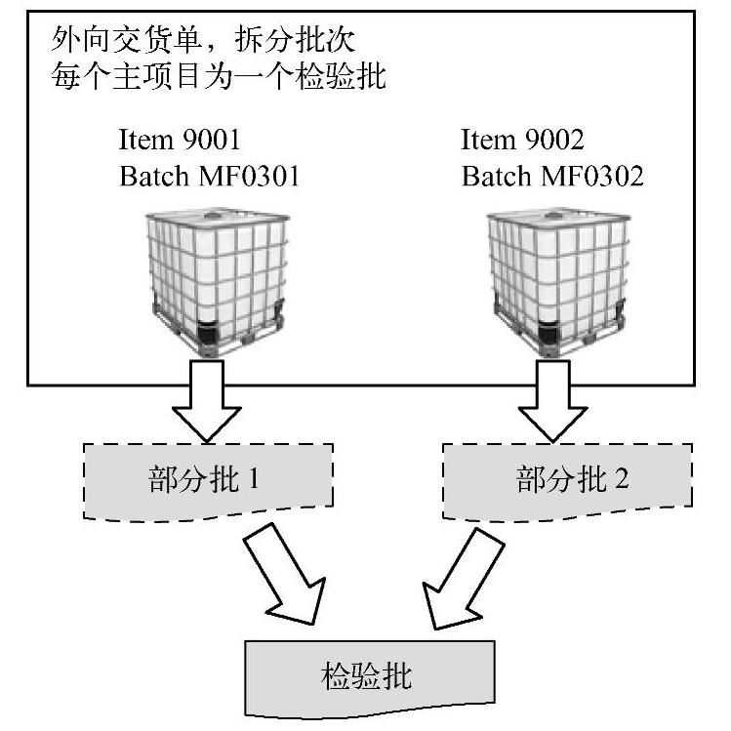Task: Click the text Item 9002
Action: point(522,141)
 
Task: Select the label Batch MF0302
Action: point(552,177)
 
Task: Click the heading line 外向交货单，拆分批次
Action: point(206,43)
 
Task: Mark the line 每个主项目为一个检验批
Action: point(219,78)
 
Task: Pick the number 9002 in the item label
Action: point(551,141)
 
